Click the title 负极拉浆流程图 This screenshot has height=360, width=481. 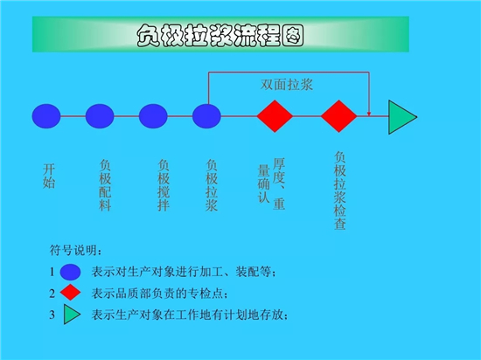pyautogui.click(x=220, y=36)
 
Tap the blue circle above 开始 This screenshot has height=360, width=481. pyautogui.click(x=46, y=116)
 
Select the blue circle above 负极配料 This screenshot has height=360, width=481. pyautogui.click(x=100, y=116)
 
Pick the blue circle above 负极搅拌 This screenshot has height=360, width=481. pyautogui.click(x=153, y=116)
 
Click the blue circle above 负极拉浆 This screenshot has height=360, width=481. pyautogui.click(x=206, y=116)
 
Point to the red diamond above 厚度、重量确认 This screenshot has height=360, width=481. pyautogui.click(x=275, y=116)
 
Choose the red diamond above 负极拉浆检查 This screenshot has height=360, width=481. pyautogui.click(x=339, y=116)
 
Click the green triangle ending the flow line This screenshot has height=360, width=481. pyautogui.click(x=401, y=117)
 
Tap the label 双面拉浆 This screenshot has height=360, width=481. pyautogui.click(x=287, y=85)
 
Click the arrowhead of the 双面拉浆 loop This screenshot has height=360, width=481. pyautogui.click(x=369, y=114)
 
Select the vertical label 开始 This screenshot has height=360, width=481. pyautogui.click(x=49, y=176)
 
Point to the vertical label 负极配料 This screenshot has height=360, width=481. pyautogui.click(x=105, y=185)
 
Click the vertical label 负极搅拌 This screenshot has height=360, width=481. pyautogui.click(x=164, y=185)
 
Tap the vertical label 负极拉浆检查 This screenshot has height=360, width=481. pyautogui.click(x=340, y=190)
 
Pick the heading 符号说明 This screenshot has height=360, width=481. pyautogui.click(x=75, y=250)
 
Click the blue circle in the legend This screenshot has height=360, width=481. pyautogui.click(x=70, y=272)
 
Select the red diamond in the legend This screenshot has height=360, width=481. pyautogui.click(x=70, y=292)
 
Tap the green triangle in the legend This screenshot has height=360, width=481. pyautogui.click(x=72, y=314)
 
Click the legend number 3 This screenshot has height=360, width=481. pyautogui.click(x=52, y=315)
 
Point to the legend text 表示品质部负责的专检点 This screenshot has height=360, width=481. pyautogui.click(x=159, y=294)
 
